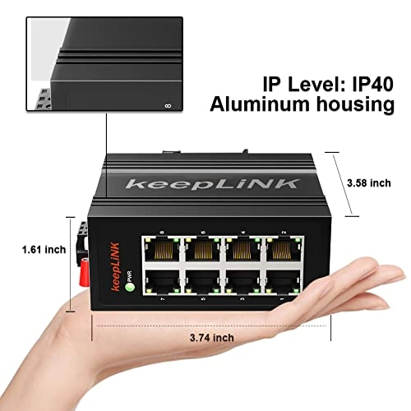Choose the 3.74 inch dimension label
(x=212, y=337)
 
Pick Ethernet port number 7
(x=161, y=281)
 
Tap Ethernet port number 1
(x=281, y=281)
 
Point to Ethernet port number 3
(x=242, y=281)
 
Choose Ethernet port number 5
(x=201, y=281)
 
